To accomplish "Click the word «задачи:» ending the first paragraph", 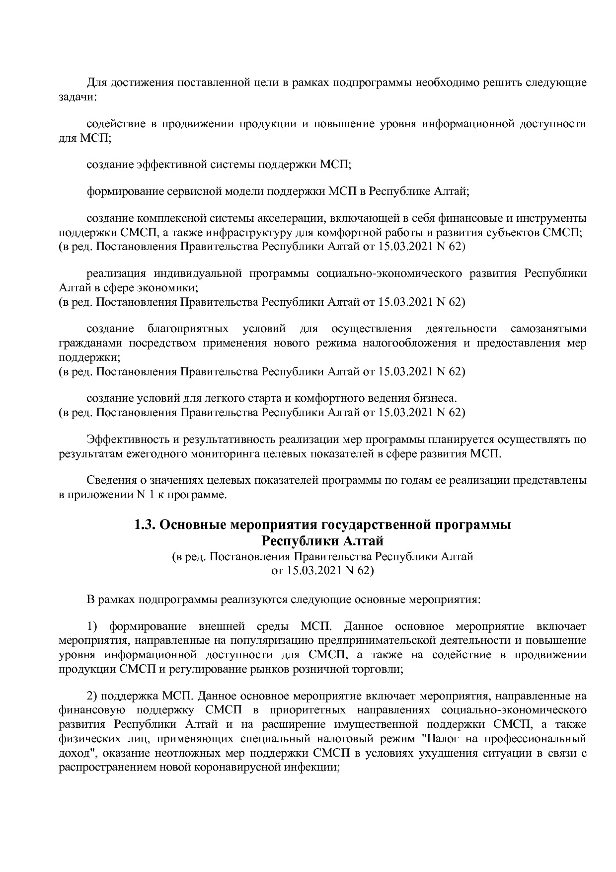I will [x=77, y=96].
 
